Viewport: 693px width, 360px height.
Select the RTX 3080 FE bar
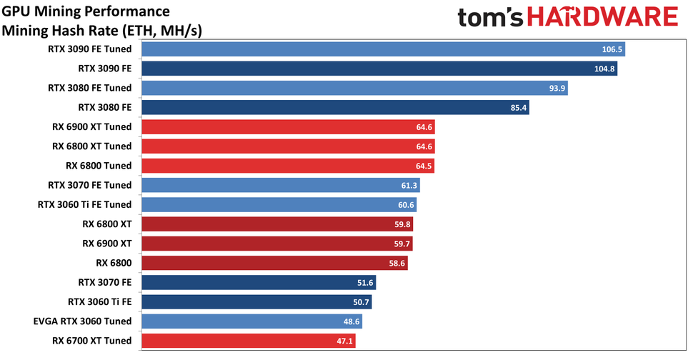pyautogui.click(x=335, y=108)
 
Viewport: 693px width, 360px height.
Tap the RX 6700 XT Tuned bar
pyautogui.click(x=249, y=341)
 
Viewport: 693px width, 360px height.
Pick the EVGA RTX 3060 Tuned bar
pyautogui.click(x=251, y=321)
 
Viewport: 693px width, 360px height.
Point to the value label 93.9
pyautogui.click(x=556, y=89)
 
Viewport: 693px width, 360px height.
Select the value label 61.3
pyautogui.click(x=409, y=186)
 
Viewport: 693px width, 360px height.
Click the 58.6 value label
pyautogui.click(x=407, y=264)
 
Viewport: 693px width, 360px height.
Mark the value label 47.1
pyautogui.click(x=345, y=341)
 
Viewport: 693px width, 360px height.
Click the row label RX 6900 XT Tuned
pyautogui.click(x=91, y=127)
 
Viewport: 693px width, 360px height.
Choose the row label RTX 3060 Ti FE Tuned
pyautogui.click(x=84, y=205)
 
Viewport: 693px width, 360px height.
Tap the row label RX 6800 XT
pyautogui.click(x=107, y=224)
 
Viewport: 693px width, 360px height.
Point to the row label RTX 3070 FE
pyautogui.click(x=100, y=282)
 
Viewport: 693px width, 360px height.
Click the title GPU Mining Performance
pyautogui.click(x=86, y=12)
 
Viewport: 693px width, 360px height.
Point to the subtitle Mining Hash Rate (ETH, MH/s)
pyautogui.click(x=102, y=31)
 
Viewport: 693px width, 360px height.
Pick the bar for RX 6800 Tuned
pyautogui.click(x=288, y=166)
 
